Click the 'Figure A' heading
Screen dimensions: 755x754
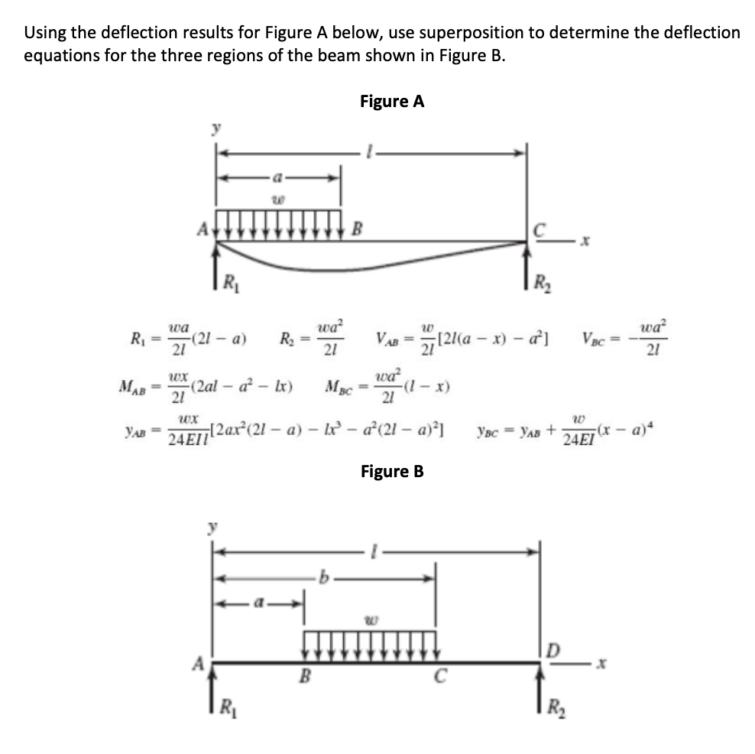(391, 102)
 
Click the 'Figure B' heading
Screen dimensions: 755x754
(391, 471)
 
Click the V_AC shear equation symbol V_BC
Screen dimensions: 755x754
(595, 337)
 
